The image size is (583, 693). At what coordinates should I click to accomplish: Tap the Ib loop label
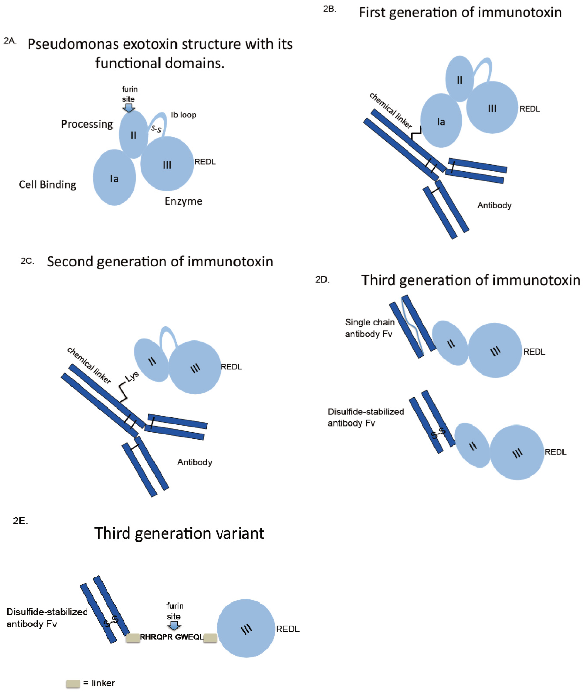(183, 115)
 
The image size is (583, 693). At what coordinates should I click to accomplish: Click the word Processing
(87, 124)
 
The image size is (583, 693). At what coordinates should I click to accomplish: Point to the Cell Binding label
(47, 185)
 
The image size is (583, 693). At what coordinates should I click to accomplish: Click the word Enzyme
(183, 201)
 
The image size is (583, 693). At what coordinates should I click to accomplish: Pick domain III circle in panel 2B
(492, 108)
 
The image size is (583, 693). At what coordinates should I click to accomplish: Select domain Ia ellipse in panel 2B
(441, 121)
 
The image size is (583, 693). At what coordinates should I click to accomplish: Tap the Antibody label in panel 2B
(494, 205)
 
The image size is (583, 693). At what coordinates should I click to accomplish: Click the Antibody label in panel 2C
(195, 462)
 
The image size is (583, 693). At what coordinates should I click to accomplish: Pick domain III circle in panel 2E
(246, 628)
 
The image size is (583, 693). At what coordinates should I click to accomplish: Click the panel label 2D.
(322, 279)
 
